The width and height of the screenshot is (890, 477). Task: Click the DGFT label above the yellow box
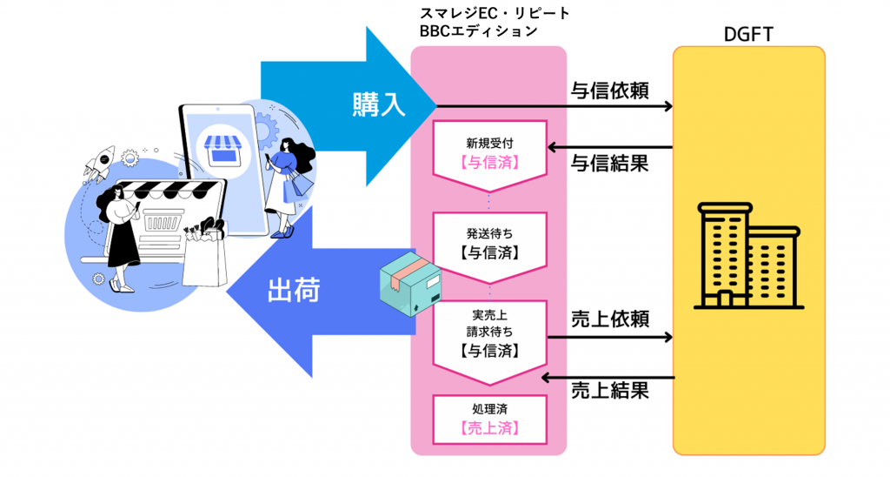pos(748,34)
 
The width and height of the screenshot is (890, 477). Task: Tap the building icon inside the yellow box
pos(748,258)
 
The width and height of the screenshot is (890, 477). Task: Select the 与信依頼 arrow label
pos(609,91)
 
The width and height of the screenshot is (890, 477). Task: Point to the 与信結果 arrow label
pos(609,162)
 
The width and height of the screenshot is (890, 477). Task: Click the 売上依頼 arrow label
pos(609,319)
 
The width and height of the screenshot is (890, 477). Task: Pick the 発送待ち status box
pos(489,245)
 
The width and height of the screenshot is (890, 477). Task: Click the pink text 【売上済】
pos(489,428)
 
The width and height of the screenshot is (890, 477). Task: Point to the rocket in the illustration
pos(101,159)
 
